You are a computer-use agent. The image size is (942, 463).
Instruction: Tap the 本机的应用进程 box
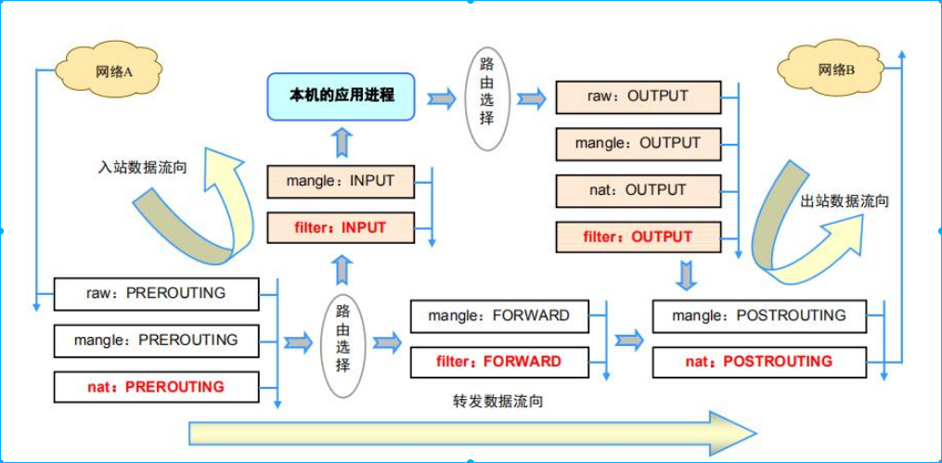[x=342, y=96]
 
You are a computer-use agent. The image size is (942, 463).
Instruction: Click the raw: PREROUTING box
[x=156, y=293]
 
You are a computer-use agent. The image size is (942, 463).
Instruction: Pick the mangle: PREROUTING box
[x=156, y=340]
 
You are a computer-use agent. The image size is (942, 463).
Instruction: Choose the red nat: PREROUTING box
[x=156, y=386]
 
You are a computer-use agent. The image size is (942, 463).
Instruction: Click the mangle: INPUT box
[x=341, y=181]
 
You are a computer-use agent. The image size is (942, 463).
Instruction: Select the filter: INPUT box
[x=341, y=227]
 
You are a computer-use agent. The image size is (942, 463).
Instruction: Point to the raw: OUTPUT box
[x=638, y=96]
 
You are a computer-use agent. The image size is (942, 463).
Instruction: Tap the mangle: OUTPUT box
[x=638, y=144]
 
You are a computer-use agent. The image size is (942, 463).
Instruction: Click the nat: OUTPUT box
[x=638, y=190]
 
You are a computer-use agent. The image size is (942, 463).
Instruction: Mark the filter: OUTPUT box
[x=638, y=237]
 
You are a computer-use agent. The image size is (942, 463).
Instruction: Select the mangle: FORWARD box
[x=498, y=315]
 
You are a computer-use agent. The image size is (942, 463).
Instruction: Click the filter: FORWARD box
[x=498, y=361]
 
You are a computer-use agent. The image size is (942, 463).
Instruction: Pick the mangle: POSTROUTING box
[x=759, y=315]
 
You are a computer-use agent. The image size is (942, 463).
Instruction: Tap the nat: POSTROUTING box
[x=759, y=361]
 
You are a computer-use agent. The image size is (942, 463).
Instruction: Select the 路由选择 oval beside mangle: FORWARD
[x=343, y=346]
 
